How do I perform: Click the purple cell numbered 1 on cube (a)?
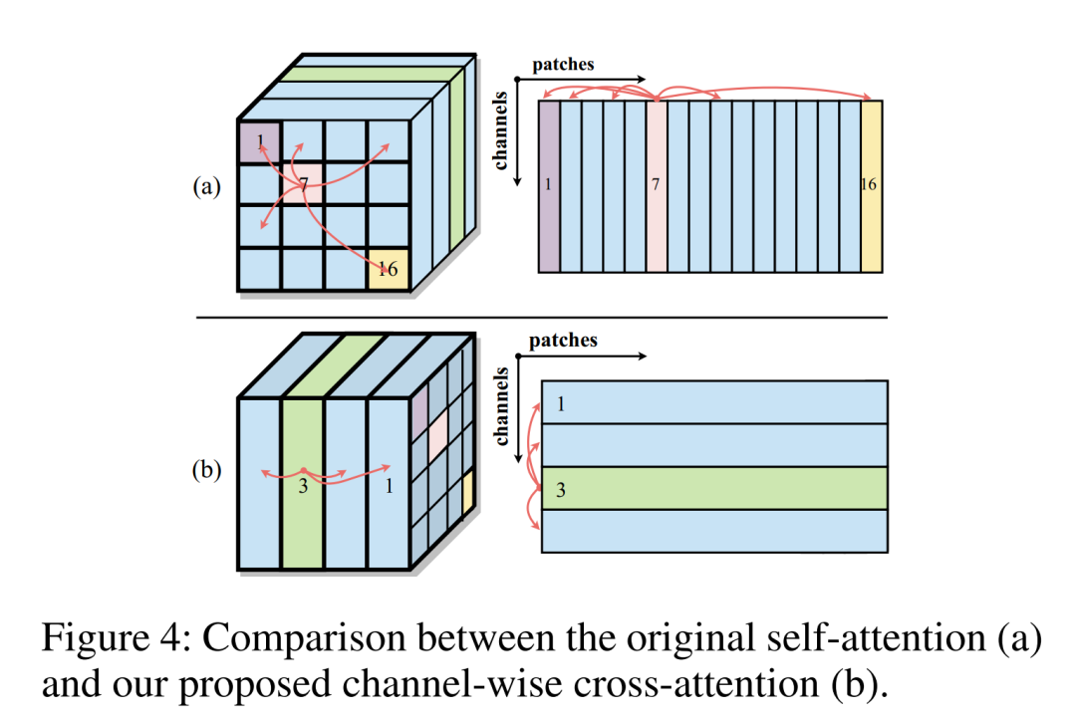pyautogui.click(x=259, y=142)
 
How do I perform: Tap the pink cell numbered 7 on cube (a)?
pyautogui.click(x=303, y=183)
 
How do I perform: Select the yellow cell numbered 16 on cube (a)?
pyautogui.click(x=389, y=269)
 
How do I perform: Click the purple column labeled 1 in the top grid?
pyautogui.click(x=549, y=186)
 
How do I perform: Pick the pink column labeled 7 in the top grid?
pyautogui.click(x=657, y=186)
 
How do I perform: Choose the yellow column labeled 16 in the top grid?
pyautogui.click(x=872, y=186)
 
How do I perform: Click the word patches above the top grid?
pyautogui.click(x=563, y=65)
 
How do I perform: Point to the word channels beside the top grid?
pyautogui.click(x=500, y=130)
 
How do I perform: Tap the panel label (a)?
pyautogui.click(x=206, y=186)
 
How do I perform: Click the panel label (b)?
pyautogui.click(x=206, y=470)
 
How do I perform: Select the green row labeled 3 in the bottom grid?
pyautogui.click(x=714, y=488)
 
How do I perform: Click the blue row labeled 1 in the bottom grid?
pyautogui.click(x=714, y=402)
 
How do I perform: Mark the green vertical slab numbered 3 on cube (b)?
pyautogui.click(x=303, y=483)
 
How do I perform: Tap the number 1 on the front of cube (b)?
pyautogui.click(x=390, y=486)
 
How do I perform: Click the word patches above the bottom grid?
pyautogui.click(x=563, y=341)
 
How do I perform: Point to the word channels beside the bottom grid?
pyautogui.click(x=501, y=406)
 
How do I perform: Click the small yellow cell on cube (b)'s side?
pyautogui.click(x=468, y=492)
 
